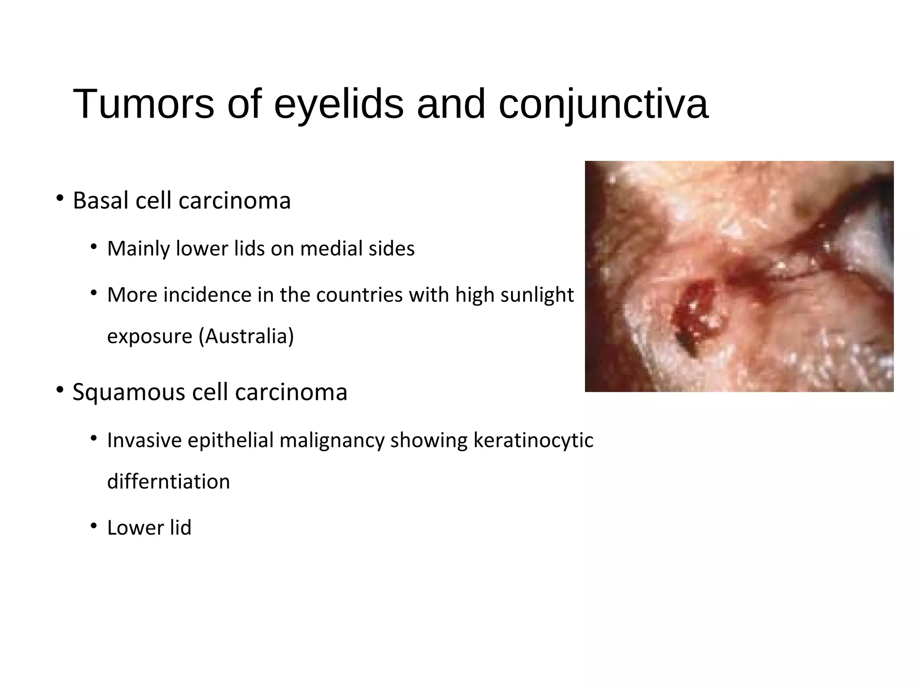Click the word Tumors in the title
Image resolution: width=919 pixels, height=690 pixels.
pyautogui.click(x=143, y=104)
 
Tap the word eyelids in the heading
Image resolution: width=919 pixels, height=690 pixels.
pyautogui.click(x=339, y=104)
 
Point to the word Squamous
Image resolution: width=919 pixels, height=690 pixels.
pyautogui.click(x=129, y=392)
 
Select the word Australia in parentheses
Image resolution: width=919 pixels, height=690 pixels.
pyautogui.click(x=246, y=336)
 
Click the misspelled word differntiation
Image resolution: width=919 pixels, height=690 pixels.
pyautogui.click(x=168, y=482)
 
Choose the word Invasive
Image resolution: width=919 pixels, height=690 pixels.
pyautogui.click(x=144, y=440)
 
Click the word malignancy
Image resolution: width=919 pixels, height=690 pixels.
pyautogui.click(x=332, y=440)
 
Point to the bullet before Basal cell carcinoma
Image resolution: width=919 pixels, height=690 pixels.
pyautogui.click(x=60, y=198)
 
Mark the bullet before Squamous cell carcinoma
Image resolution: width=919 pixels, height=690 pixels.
pyautogui.click(x=60, y=390)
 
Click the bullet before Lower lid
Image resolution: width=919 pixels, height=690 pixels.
pyautogui.click(x=93, y=526)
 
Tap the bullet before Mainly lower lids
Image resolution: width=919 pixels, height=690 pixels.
pyautogui.click(x=93, y=247)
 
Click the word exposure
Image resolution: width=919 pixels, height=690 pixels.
pyautogui.click(x=149, y=336)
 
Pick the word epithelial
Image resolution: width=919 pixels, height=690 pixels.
pyautogui.click(x=231, y=440)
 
